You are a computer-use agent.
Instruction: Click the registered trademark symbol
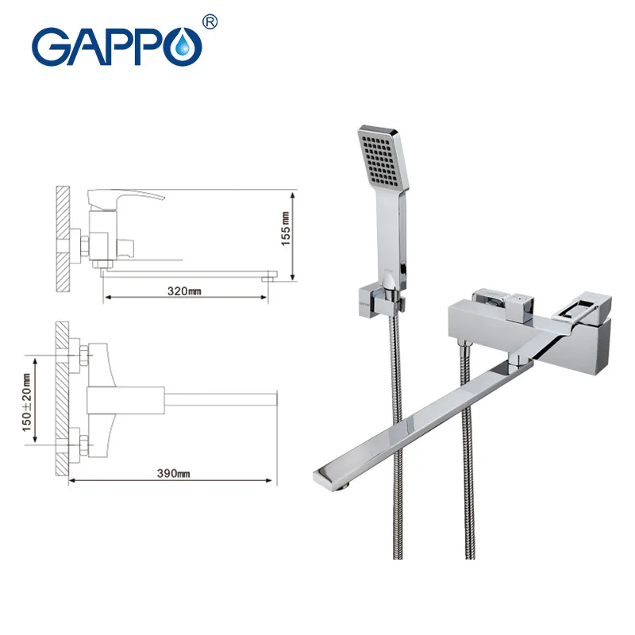(x=210, y=21)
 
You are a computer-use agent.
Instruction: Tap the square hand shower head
(x=386, y=156)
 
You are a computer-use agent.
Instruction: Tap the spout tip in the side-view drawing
(x=270, y=275)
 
